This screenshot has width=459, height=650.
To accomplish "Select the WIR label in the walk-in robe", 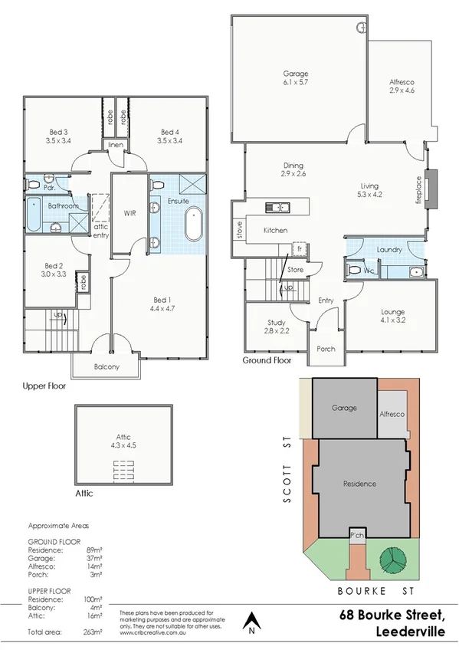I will point(129,213).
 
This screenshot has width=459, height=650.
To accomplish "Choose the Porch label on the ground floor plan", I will point(326,349).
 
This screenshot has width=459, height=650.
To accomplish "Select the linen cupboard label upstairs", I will point(116,144).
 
